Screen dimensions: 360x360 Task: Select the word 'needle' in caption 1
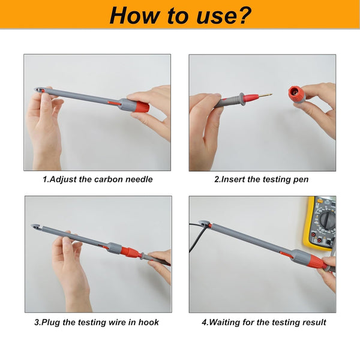pos(139,179)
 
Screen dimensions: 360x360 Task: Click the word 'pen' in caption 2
pos(301,180)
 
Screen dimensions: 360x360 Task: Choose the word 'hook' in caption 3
pos(149,322)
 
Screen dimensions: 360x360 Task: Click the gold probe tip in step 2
pos(266,95)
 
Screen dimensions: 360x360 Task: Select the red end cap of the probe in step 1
pos(142,107)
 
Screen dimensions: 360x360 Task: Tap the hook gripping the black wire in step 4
pos(205,224)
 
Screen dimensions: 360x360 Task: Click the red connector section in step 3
pos(130,253)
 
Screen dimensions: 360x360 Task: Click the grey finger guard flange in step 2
pos(242,98)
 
